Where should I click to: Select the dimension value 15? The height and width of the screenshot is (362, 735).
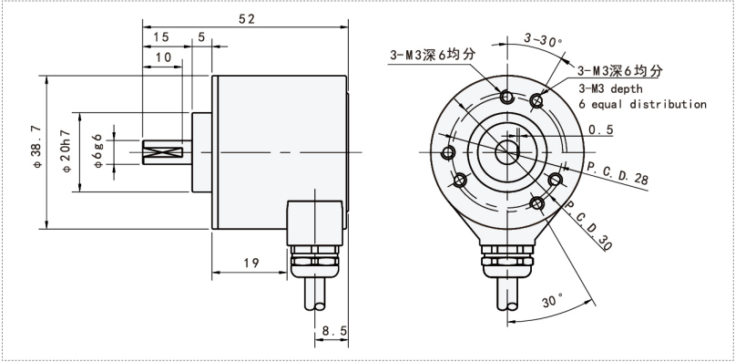160,36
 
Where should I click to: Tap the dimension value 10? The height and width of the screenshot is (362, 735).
163,57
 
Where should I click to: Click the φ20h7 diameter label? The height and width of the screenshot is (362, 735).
66,150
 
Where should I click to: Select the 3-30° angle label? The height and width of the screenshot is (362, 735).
545,40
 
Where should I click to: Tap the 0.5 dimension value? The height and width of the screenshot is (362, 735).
600,129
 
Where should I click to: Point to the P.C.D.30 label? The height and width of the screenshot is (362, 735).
587,223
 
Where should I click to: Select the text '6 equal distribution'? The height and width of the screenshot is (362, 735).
642,104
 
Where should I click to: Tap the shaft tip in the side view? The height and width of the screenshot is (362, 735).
149,150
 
